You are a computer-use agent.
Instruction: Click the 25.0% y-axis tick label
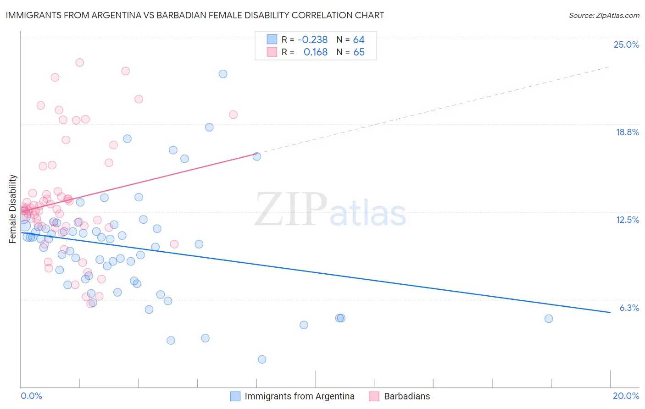click(x=626, y=44)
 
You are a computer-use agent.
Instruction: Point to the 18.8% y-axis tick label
click(x=627, y=132)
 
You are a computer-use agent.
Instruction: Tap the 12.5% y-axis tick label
click(x=627, y=220)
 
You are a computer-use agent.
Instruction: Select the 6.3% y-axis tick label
click(x=629, y=308)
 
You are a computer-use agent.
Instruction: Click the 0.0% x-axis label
click(x=31, y=396)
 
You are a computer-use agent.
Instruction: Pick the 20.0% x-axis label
click(x=626, y=396)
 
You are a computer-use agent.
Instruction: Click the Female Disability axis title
click(x=13, y=209)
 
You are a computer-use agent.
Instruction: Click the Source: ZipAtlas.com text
click(x=604, y=15)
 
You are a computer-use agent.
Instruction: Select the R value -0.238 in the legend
click(x=312, y=39)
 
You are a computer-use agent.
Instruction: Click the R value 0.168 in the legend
click(x=316, y=52)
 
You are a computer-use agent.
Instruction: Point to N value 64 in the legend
click(x=359, y=39)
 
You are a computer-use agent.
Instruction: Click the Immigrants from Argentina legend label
click(x=300, y=396)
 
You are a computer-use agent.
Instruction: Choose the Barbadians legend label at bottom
click(x=407, y=396)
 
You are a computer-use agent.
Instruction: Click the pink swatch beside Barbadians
click(x=374, y=396)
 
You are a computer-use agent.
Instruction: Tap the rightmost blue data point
click(x=549, y=319)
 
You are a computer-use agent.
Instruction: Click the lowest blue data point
click(x=262, y=359)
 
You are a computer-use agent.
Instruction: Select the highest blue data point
click(x=223, y=74)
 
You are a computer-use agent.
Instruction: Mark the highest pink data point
click(x=80, y=62)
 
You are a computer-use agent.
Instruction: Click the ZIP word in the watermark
click(x=291, y=210)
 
